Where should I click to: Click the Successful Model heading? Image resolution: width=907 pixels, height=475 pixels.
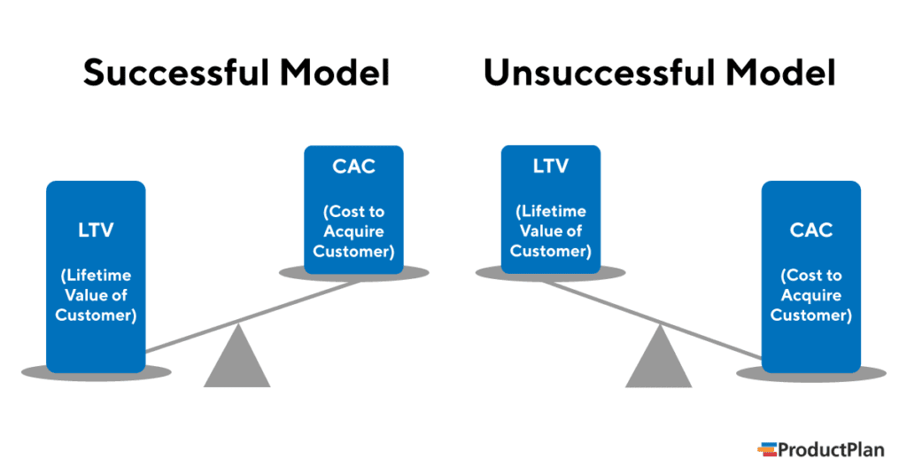tap(236, 74)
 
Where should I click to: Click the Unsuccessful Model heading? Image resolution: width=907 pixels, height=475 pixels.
tap(659, 74)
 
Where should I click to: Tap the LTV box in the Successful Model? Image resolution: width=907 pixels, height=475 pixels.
tap(96, 276)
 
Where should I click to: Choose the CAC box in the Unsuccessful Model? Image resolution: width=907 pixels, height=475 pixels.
tap(811, 276)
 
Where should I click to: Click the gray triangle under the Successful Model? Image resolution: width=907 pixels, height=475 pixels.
tap(236, 362)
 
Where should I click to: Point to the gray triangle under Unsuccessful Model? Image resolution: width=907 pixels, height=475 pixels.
tap(658, 362)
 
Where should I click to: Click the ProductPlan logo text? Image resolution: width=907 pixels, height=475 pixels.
tap(831, 450)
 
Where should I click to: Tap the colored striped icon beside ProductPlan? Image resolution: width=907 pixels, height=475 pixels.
tap(766, 450)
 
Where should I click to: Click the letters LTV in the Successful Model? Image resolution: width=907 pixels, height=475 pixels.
tap(96, 230)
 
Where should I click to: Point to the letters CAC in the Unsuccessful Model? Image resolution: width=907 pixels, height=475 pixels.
tap(811, 230)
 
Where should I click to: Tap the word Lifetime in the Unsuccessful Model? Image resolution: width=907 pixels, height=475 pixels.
tap(550, 212)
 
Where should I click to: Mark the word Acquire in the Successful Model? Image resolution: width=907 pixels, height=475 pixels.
tap(353, 231)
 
